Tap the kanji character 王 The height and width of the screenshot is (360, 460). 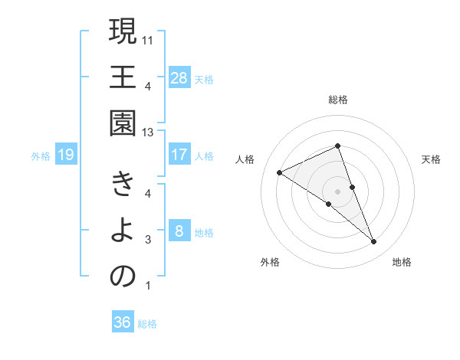pyautogui.click(x=123, y=79)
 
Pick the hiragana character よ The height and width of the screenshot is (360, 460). pyautogui.click(x=123, y=231)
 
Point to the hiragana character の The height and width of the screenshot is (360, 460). pyautogui.click(x=123, y=277)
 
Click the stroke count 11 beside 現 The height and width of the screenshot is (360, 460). pyautogui.click(x=148, y=38)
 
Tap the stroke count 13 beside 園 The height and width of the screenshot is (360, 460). pyautogui.click(x=148, y=133)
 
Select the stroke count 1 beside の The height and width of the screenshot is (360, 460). pyautogui.click(x=147, y=286)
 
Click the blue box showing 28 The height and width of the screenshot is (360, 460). pyautogui.click(x=179, y=77)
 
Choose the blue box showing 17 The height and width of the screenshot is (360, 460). pyautogui.click(x=179, y=155)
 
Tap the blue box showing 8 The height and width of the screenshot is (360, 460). pyautogui.click(x=179, y=231)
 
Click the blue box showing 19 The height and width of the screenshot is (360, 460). pyautogui.click(x=65, y=155)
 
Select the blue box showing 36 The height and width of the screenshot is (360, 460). pyautogui.click(x=123, y=322)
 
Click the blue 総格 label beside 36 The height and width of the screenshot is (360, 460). pyautogui.click(x=147, y=324)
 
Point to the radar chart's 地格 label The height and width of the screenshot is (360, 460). pyautogui.click(x=402, y=262)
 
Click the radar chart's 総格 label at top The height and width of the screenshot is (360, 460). pyautogui.click(x=337, y=100)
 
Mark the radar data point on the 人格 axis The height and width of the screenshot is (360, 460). pyautogui.click(x=280, y=173)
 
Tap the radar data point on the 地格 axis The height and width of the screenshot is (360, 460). pyautogui.click(x=374, y=242)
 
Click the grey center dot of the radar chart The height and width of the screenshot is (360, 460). pyautogui.click(x=337, y=191)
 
